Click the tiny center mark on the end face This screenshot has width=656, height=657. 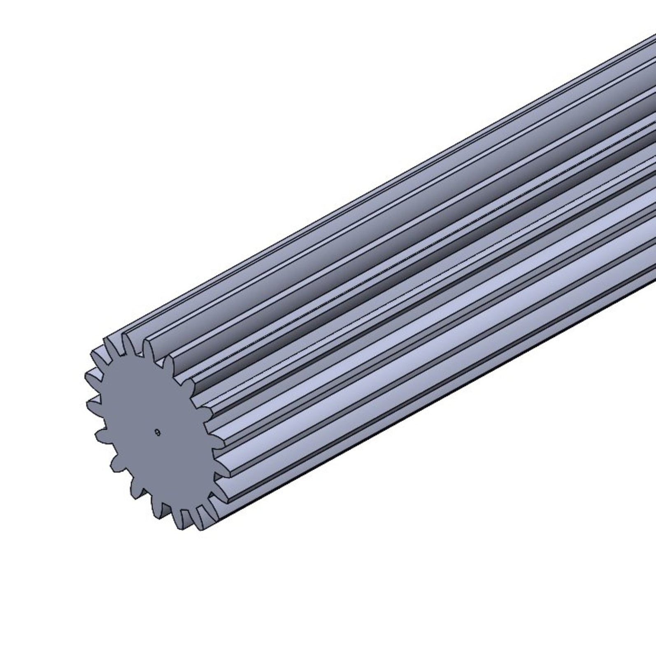pos(157,432)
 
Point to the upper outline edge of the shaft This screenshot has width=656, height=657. pos(370,185)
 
